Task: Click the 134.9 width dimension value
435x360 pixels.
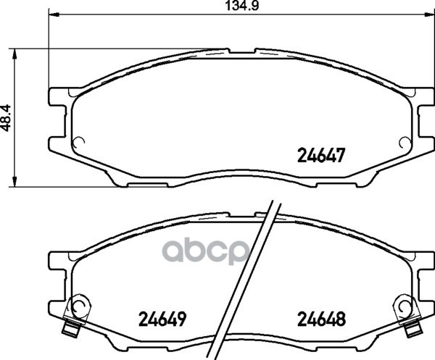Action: [241, 5]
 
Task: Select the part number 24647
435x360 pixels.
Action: [321, 155]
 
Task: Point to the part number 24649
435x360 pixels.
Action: [162, 319]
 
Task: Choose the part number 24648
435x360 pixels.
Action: [321, 319]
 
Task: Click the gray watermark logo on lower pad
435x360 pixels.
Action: [204, 251]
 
